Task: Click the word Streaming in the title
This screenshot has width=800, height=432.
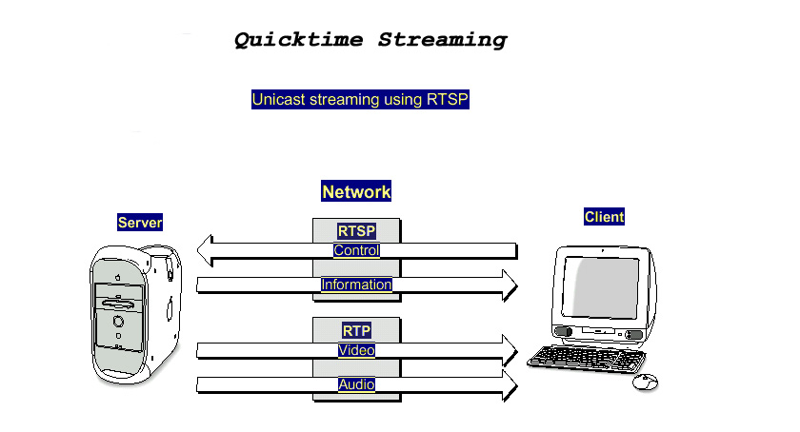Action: click(x=443, y=40)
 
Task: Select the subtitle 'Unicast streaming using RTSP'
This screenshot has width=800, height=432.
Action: click(x=361, y=99)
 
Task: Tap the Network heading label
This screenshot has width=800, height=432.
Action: click(x=356, y=191)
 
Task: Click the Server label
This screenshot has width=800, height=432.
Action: click(x=140, y=223)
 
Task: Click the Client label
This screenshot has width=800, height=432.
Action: click(x=604, y=217)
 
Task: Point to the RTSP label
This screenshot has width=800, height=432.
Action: click(x=356, y=230)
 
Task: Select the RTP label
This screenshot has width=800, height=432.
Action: click(x=356, y=330)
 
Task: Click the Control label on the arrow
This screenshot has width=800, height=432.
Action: click(x=356, y=250)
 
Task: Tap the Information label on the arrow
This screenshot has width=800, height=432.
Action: click(x=356, y=285)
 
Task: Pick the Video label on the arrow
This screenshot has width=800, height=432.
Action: click(x=356, y=350)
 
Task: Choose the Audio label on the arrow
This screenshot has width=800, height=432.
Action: click(x=356, y=384)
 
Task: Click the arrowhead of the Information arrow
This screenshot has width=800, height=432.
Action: click(x=509, y=285)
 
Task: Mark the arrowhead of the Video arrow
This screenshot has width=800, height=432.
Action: click(x=509, y=350)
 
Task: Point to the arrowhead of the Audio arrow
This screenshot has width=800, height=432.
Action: click(x=509, y=384)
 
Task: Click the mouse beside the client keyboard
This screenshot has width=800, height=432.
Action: click(x=645, y=382)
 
